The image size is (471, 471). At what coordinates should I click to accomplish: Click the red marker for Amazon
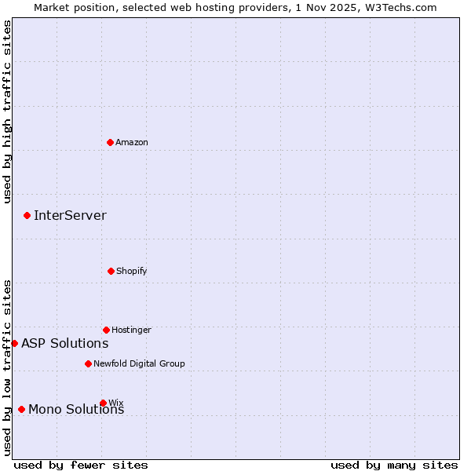coord(111,142)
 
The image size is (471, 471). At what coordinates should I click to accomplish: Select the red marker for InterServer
coord(27,215)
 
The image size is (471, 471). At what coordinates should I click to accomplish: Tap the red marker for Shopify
coord(111,271)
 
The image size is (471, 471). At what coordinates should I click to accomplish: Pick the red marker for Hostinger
coord(106,330)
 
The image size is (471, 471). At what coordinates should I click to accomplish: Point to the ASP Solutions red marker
coord(14,343)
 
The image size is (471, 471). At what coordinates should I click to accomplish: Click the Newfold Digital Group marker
coord(88,363)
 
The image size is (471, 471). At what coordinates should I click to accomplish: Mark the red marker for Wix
coord(103,403)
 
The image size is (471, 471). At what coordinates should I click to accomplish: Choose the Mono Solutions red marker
coord(21,409)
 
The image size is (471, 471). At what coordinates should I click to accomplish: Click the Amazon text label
coord(132,142)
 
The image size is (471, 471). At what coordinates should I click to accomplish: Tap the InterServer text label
coord(70,215)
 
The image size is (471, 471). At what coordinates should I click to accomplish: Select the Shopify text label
coord(132,271)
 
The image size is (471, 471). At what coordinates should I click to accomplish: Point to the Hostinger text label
coord(131,330)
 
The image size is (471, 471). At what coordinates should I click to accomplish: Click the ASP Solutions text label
coord(64,343)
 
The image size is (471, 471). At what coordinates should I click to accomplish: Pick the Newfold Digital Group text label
coord(139,363)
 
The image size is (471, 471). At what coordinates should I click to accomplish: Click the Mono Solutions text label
coord(76,409)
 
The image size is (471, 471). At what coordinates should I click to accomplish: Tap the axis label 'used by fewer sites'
coord(81,465)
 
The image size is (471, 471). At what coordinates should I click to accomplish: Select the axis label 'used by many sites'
coord(394,465)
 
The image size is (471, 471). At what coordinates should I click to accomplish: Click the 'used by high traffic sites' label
coord(7,112)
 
